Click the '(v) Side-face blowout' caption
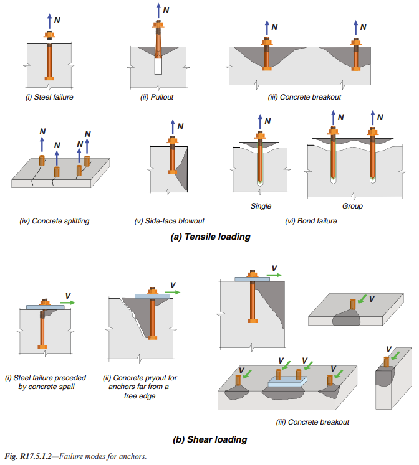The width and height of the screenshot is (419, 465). click(x=170, y=221)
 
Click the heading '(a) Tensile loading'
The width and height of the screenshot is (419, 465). click(x=209, y=237)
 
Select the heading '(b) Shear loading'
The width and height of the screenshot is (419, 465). click(x=209, y=439)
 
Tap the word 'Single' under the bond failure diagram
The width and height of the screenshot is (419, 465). click(x=261, y=206)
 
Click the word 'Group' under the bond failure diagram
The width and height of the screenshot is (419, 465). click(x=352, y=206)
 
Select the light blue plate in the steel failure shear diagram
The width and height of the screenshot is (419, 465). click(x=45, y=308)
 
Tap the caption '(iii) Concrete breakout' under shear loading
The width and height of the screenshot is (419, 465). click(x=312, y=421)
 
